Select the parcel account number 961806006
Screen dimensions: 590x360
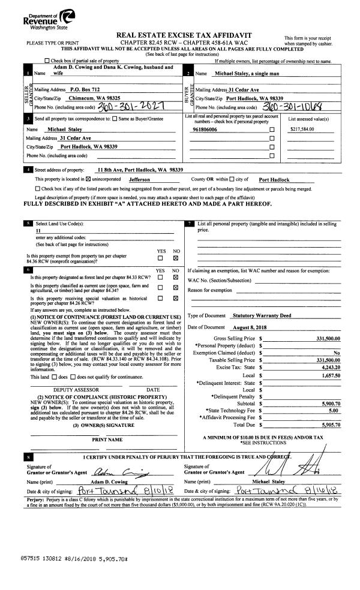point(205,129)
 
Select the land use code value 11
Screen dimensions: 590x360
point(38,230)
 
